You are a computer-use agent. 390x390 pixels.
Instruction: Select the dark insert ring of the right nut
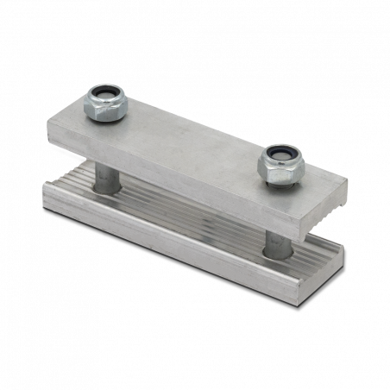(x=279, y=153)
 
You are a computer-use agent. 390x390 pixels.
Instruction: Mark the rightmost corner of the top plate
(x=349, y=182)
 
